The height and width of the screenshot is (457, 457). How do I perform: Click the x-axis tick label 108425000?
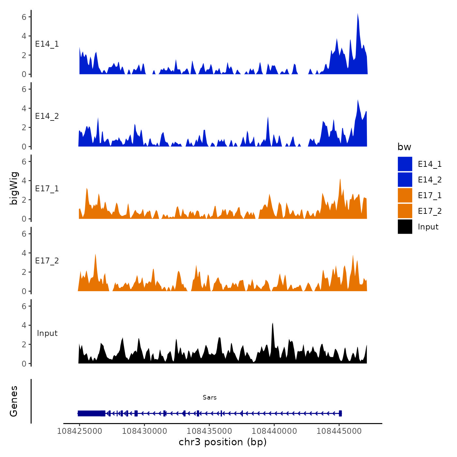pyautogui.click(x=79, y=431)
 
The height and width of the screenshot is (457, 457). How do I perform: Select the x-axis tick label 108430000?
pyautogui.click(x=144, y=431)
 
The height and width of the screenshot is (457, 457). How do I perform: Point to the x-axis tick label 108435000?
pyautogui.click(x=209, y=431)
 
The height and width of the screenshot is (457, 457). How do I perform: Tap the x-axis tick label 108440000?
pyautogui.click(x=274, y=431)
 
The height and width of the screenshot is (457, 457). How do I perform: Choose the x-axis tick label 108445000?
pyautogui.click(x=339, y=431)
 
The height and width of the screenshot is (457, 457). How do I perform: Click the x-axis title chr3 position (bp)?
pyautogui.click(x=223, y=442)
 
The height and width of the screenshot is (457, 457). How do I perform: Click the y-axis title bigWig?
pyautogui.click(x=14, y=188)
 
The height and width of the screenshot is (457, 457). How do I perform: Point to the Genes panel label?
pyautogui.click(x=14, y=401)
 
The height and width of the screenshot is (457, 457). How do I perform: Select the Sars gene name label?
pyautogui.click(x=210, y=398)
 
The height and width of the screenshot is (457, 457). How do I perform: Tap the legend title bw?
pyautogui.click(x=404, y=147)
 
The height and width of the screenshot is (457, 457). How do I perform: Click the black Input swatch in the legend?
pyautogui.click(x=405, y=227)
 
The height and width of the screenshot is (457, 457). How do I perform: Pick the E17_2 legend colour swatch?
pyautogui.click(x=405, y=211)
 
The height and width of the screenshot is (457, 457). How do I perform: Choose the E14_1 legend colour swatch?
pyautogui.click(x=405, y=164)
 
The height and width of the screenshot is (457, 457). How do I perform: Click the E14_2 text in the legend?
pyautogui.click(x=430, y=180)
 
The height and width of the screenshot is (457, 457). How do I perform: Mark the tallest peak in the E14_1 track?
pyautogui.click(x=358, y=14)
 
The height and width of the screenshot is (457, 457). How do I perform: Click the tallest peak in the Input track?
pyautogui.click(x=273, y=323)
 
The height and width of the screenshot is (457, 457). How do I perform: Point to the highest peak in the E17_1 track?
pyautogui.click(x=340, y=179)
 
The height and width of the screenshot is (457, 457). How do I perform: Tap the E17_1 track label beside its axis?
pyautogui.click(x=47, y=189)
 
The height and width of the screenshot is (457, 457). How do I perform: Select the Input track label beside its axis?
pyautogui.click(x=47, y=333)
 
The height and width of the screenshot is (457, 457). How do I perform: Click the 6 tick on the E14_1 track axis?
pyautogui.click(x=24, y=17)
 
